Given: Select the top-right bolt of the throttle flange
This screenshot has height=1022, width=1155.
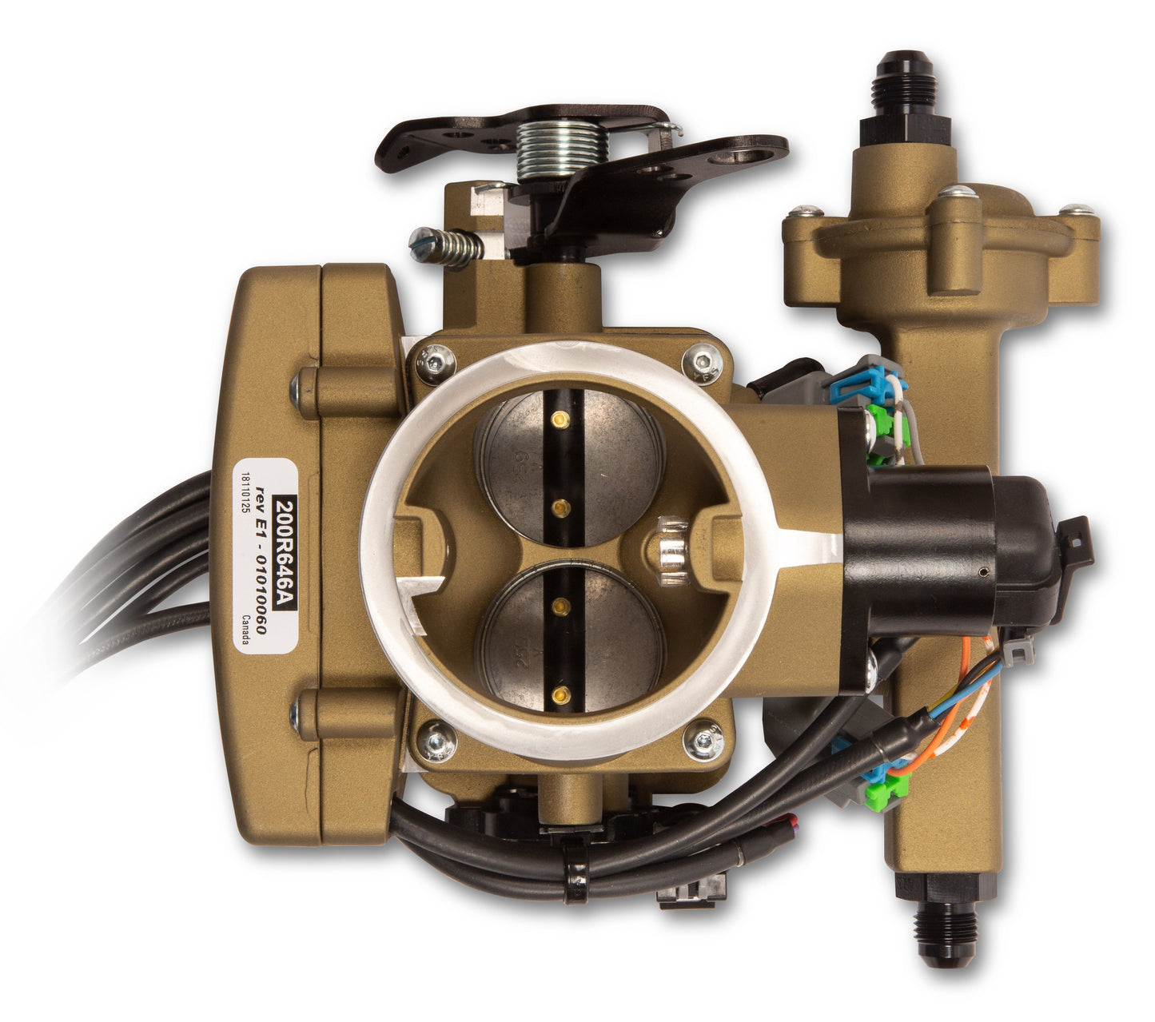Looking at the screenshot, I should tap(703, 364).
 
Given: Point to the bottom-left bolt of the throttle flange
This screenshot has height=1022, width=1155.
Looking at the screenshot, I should tap(437, 741).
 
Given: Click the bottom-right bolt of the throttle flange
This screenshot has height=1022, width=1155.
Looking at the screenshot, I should tap(703, 741).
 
